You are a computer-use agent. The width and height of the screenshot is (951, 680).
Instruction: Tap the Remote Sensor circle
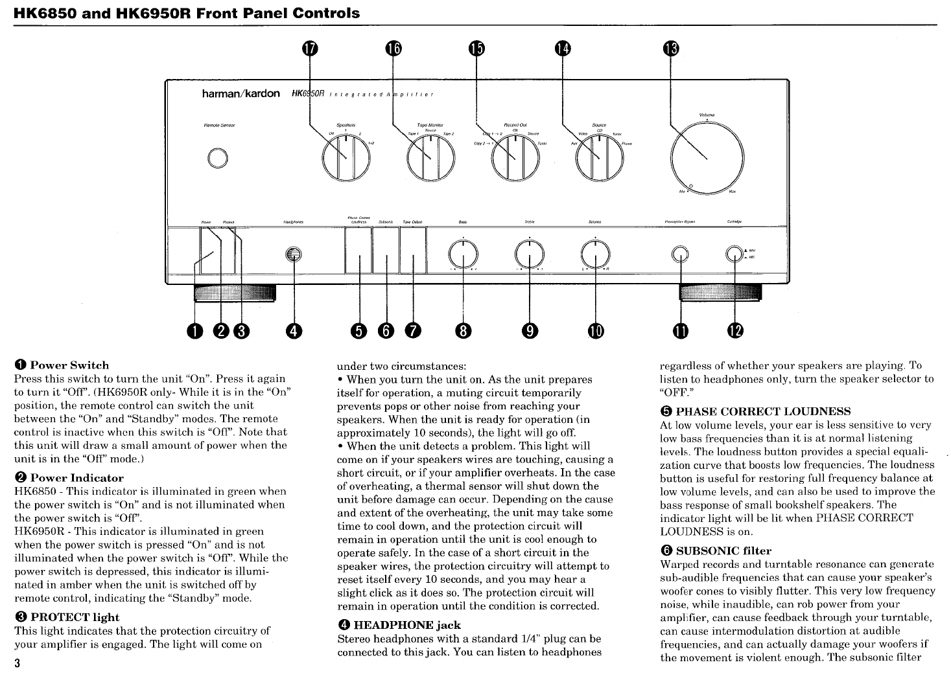(218, 157)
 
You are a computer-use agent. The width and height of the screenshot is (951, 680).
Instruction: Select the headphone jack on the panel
(294, 254)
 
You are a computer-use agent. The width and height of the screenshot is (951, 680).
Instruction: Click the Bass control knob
(463, 253)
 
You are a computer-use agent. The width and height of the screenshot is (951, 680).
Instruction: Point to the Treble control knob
(530, 253)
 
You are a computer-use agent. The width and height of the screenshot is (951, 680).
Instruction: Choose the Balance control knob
(595, 253)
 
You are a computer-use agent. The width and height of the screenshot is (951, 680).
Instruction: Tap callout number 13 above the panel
(671, 49)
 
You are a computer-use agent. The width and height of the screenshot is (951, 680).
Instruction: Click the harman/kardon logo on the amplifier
(241, 95)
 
